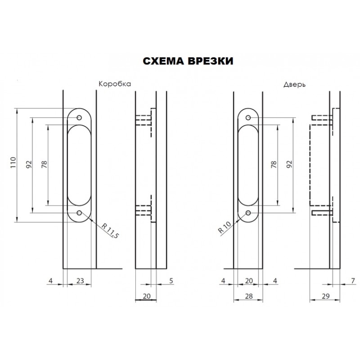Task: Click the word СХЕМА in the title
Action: pos(163,61)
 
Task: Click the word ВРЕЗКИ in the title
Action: pos(211,61)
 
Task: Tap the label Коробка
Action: pos(115,84)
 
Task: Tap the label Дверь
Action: pos(294,85)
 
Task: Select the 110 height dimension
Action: pos(13,162)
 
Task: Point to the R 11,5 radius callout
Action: pos(110,231)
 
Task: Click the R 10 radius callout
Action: pos(225,227)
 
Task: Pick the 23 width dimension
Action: pos(80,280)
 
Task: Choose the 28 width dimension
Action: pos(249,296)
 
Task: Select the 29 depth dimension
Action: pos(325,296)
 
